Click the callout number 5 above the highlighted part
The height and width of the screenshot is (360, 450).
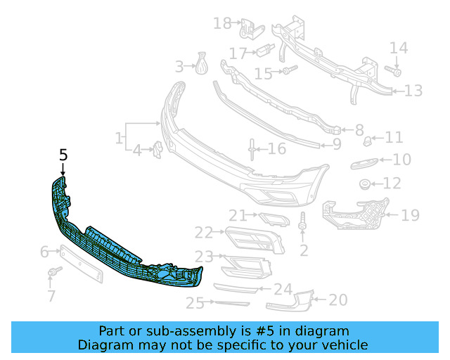63,155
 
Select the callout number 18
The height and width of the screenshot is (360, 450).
222,23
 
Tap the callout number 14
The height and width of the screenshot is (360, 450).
399,48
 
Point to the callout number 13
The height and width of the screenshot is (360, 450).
413,90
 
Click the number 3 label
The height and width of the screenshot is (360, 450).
179,67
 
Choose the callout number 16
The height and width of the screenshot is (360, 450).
277,148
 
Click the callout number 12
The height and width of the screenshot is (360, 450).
392,184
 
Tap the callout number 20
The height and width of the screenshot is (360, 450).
338,300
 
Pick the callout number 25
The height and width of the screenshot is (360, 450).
195,303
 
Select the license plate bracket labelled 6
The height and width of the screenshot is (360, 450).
81,263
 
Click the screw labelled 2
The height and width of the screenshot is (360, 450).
303,224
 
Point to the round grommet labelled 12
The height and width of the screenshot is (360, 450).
365,185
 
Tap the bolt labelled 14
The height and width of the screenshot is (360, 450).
394,72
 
